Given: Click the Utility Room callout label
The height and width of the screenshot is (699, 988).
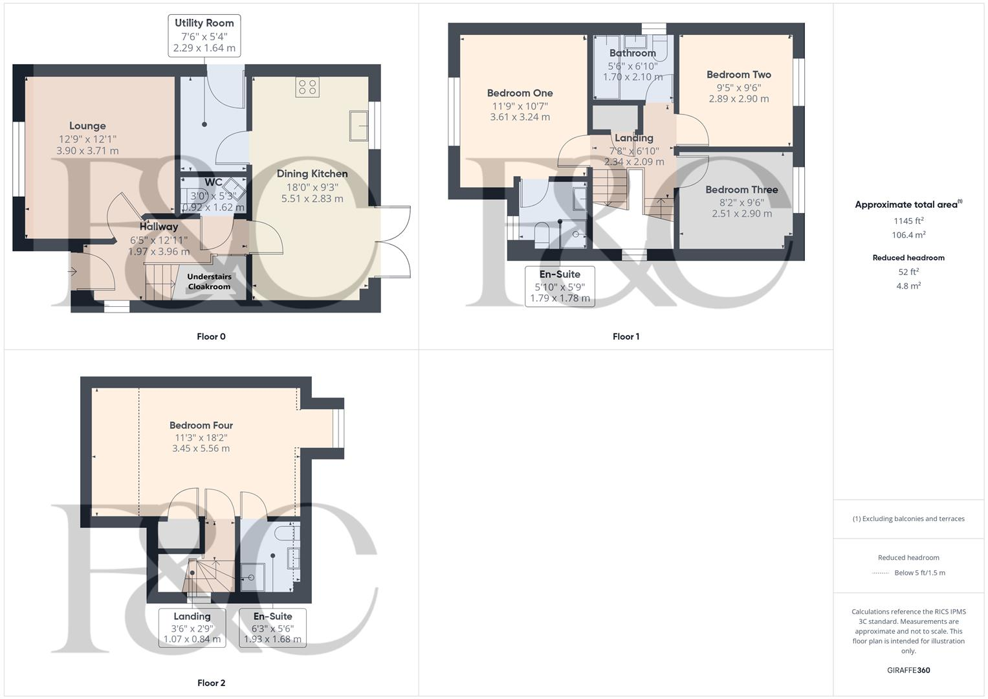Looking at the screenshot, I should pos(204,36).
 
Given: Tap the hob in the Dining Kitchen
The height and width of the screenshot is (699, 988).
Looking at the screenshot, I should pos(307,87).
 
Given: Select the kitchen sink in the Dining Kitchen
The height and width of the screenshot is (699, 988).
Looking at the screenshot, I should pos(358,126).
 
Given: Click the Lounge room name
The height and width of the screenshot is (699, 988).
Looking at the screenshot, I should pos(87,126).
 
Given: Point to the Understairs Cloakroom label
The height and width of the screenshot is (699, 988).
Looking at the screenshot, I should pos(209,282).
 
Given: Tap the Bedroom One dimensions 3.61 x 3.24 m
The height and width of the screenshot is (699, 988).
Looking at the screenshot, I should pos(520,117).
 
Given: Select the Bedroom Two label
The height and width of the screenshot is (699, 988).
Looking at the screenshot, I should pos(738,74).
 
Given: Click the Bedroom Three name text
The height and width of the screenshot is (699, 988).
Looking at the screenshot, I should pos(741,190).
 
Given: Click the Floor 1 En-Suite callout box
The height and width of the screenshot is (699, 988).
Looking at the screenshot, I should pos(560,285).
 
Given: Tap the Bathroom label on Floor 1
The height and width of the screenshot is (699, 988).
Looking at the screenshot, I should pos(632,53).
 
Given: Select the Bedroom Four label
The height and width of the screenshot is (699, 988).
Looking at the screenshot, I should pos(201,425).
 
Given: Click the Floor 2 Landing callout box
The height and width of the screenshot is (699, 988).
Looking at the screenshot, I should pos(192,627).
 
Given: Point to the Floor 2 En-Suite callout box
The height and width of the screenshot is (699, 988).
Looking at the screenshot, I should pos(272,627).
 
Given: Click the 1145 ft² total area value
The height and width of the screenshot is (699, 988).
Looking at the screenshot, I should pos(908,221).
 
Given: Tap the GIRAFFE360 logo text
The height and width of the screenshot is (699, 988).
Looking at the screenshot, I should pos(908,671).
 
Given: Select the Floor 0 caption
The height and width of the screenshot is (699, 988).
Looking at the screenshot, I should pos(211,337).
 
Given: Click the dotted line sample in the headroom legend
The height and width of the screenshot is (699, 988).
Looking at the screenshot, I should pos(881,573).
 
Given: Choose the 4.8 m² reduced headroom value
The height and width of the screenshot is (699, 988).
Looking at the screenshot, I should pos(908,285).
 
